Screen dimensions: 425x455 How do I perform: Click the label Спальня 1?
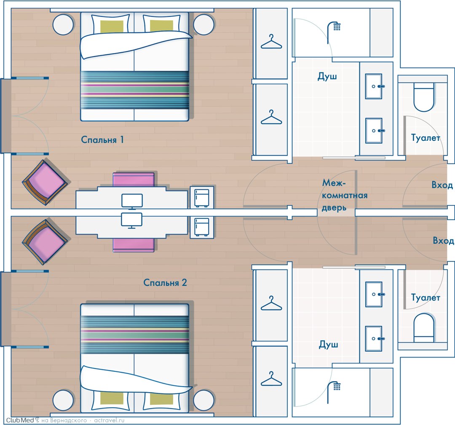(x=102, y=140)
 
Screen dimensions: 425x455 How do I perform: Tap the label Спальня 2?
(x=165, y=283)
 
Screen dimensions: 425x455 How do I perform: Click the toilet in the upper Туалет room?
(x=424, y=97)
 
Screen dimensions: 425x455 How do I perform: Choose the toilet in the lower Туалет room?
(x=424, y=328)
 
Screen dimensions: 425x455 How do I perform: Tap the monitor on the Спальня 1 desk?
(x=132, y=201)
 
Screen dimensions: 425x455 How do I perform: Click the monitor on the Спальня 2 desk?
(x=132, y=220)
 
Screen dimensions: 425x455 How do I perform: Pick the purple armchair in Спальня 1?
(x=45, y=183)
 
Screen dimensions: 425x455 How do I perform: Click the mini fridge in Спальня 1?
(x=202, y=197)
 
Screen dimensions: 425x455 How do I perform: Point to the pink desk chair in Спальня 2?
(x=134, y=245)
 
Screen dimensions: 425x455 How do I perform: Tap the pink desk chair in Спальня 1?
(x=134, y=179)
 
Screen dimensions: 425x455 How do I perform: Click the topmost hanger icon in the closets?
(x=271, y=42)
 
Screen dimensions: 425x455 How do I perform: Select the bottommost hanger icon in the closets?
(x=271, y=379)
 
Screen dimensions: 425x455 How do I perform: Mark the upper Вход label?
(x=442, y=185)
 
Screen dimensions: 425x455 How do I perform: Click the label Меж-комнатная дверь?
(x=345, y=195)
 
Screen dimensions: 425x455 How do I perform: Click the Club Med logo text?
(x=20, y=420)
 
